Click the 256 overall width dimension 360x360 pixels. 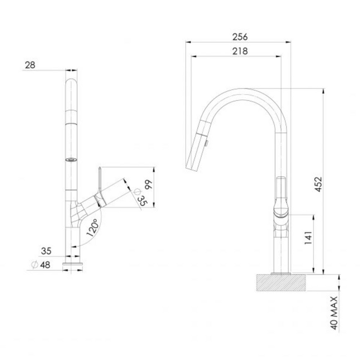240,37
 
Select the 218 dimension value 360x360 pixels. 240,51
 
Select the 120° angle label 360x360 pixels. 93,227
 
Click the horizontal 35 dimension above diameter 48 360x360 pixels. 46,251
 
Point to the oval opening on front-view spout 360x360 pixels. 71,159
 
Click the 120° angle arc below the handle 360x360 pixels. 103,221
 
